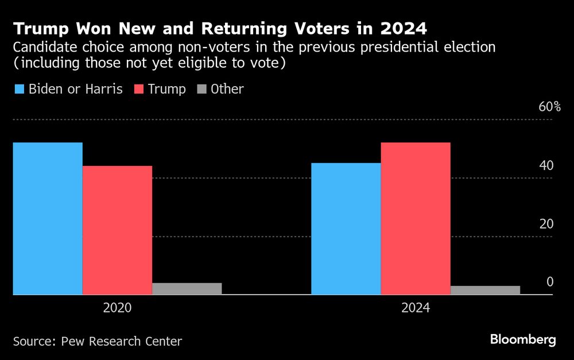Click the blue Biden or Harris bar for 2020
tap(48, 218)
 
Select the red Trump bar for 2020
tap(117, 230)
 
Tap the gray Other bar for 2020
tap(187, 288)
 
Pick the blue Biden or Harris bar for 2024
tap(346, 229)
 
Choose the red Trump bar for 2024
tap(415, 218)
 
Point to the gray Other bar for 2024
tap(485, 290)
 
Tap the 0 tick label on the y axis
tap(549, 282)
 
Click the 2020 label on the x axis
tap(117, 308)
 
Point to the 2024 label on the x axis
tap(415, 308)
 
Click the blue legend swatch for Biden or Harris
tap(19, 90)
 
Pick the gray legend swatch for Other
tap(202, 90)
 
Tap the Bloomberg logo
tap(523, 340)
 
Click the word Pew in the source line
tap(70, 342)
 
